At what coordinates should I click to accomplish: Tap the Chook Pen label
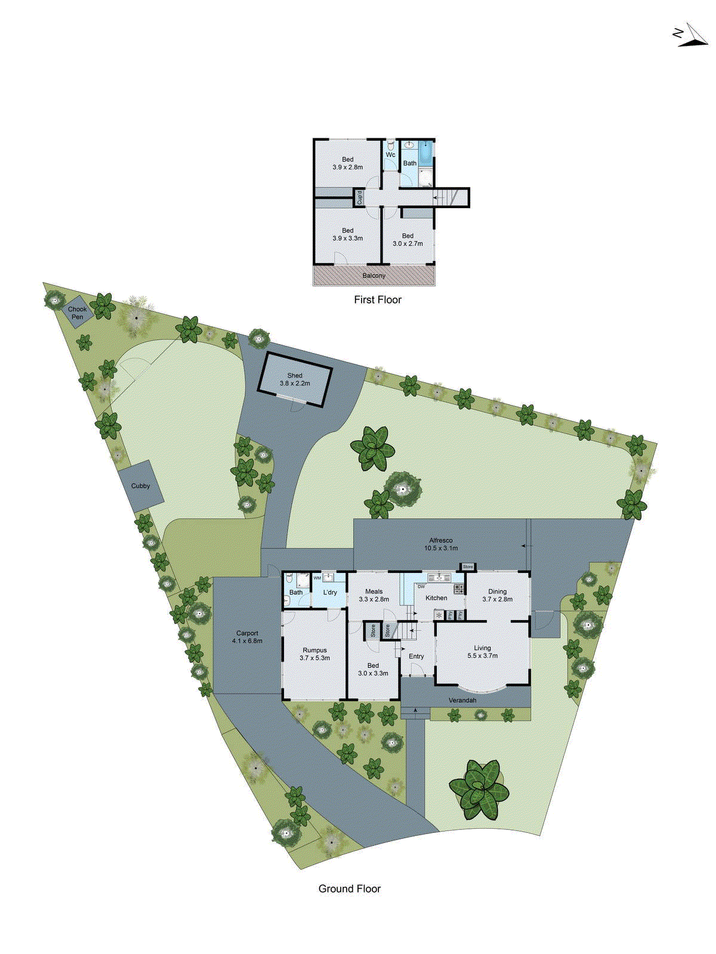pyautogui.click(x=77, y=312)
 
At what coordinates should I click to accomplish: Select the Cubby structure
pyautogui.click(x=140, y=485)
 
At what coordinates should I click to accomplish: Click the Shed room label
pyautogui.click(x=295, y=376)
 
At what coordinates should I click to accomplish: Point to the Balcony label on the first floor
pyautogui.click(x=374, y=275)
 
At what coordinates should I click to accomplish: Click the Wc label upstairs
pyautogui.click(x=390, y=155)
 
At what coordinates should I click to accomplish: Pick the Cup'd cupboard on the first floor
pyautogui.click(x=359, y=197)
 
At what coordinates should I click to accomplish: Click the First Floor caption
pyautogui.click(x=377, y=300)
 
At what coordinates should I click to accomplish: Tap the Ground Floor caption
pyautogui.click(x=349, y=888)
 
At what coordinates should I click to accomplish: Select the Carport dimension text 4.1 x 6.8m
pyautogui.click(x=247, y=641)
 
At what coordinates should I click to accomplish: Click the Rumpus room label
pyautogui.click(x=314, y=650)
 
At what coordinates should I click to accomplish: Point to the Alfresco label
pyautogui.click(x=440, y=540)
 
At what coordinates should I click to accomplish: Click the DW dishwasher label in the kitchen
pyautogui.click(x=421, y=587)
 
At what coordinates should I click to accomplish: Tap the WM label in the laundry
pyautogui.click(x=317, y=578)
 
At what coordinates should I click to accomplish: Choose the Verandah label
pyautogui.click(x=462, y=700)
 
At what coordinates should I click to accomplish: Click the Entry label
pyautogui.click(x=416, y=656)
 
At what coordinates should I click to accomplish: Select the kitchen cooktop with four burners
pyautogui.click(x=459, y=589)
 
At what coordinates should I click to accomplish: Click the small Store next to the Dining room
pyautogui.click(x=467, y=566)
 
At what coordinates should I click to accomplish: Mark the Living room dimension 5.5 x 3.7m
pyautogui.click(x=482, y=655)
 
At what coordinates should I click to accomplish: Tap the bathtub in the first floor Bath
pyautogui.click(x=426, y=153)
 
